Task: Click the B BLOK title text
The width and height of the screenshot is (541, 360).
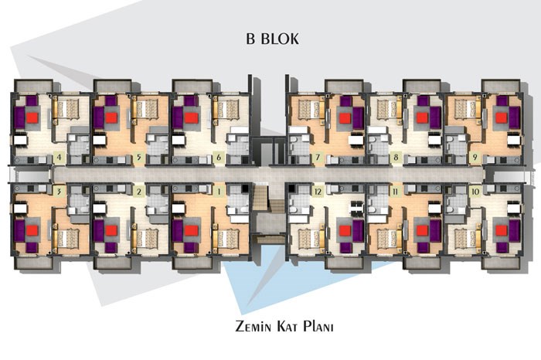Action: click(272, 39)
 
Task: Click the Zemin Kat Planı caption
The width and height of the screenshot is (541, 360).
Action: click(284, 326)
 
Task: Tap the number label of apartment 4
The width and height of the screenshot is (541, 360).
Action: click(59, 158)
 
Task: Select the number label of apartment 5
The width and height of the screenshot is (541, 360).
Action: click(138, 158)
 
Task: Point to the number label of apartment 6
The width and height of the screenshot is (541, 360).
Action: click(219, 158)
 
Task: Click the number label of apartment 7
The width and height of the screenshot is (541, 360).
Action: click(318, 158)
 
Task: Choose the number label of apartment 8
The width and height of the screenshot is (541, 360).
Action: click(396, 158)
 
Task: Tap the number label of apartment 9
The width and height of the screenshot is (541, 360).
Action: click(475, 158)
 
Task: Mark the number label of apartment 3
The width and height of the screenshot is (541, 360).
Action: click(59, 192)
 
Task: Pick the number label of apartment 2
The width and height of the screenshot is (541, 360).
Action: click(138, 192)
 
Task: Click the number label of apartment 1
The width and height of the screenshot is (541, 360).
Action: click(219, 192)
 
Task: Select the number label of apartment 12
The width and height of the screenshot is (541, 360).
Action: click(318, 192)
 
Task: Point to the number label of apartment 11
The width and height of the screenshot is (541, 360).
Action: click(396, 192)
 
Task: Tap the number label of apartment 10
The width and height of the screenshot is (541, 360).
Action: click(475, 192)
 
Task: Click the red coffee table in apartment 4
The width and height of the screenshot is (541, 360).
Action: click(32, 118)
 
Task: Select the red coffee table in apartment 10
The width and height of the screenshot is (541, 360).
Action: click(502, 230)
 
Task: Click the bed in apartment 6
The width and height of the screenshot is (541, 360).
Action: click(228, 109)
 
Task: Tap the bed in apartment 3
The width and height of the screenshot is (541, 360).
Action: click(68, 238)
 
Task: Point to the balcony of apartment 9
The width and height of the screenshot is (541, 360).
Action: click(501, 87)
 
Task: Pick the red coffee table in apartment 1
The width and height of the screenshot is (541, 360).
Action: click(191, 230)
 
